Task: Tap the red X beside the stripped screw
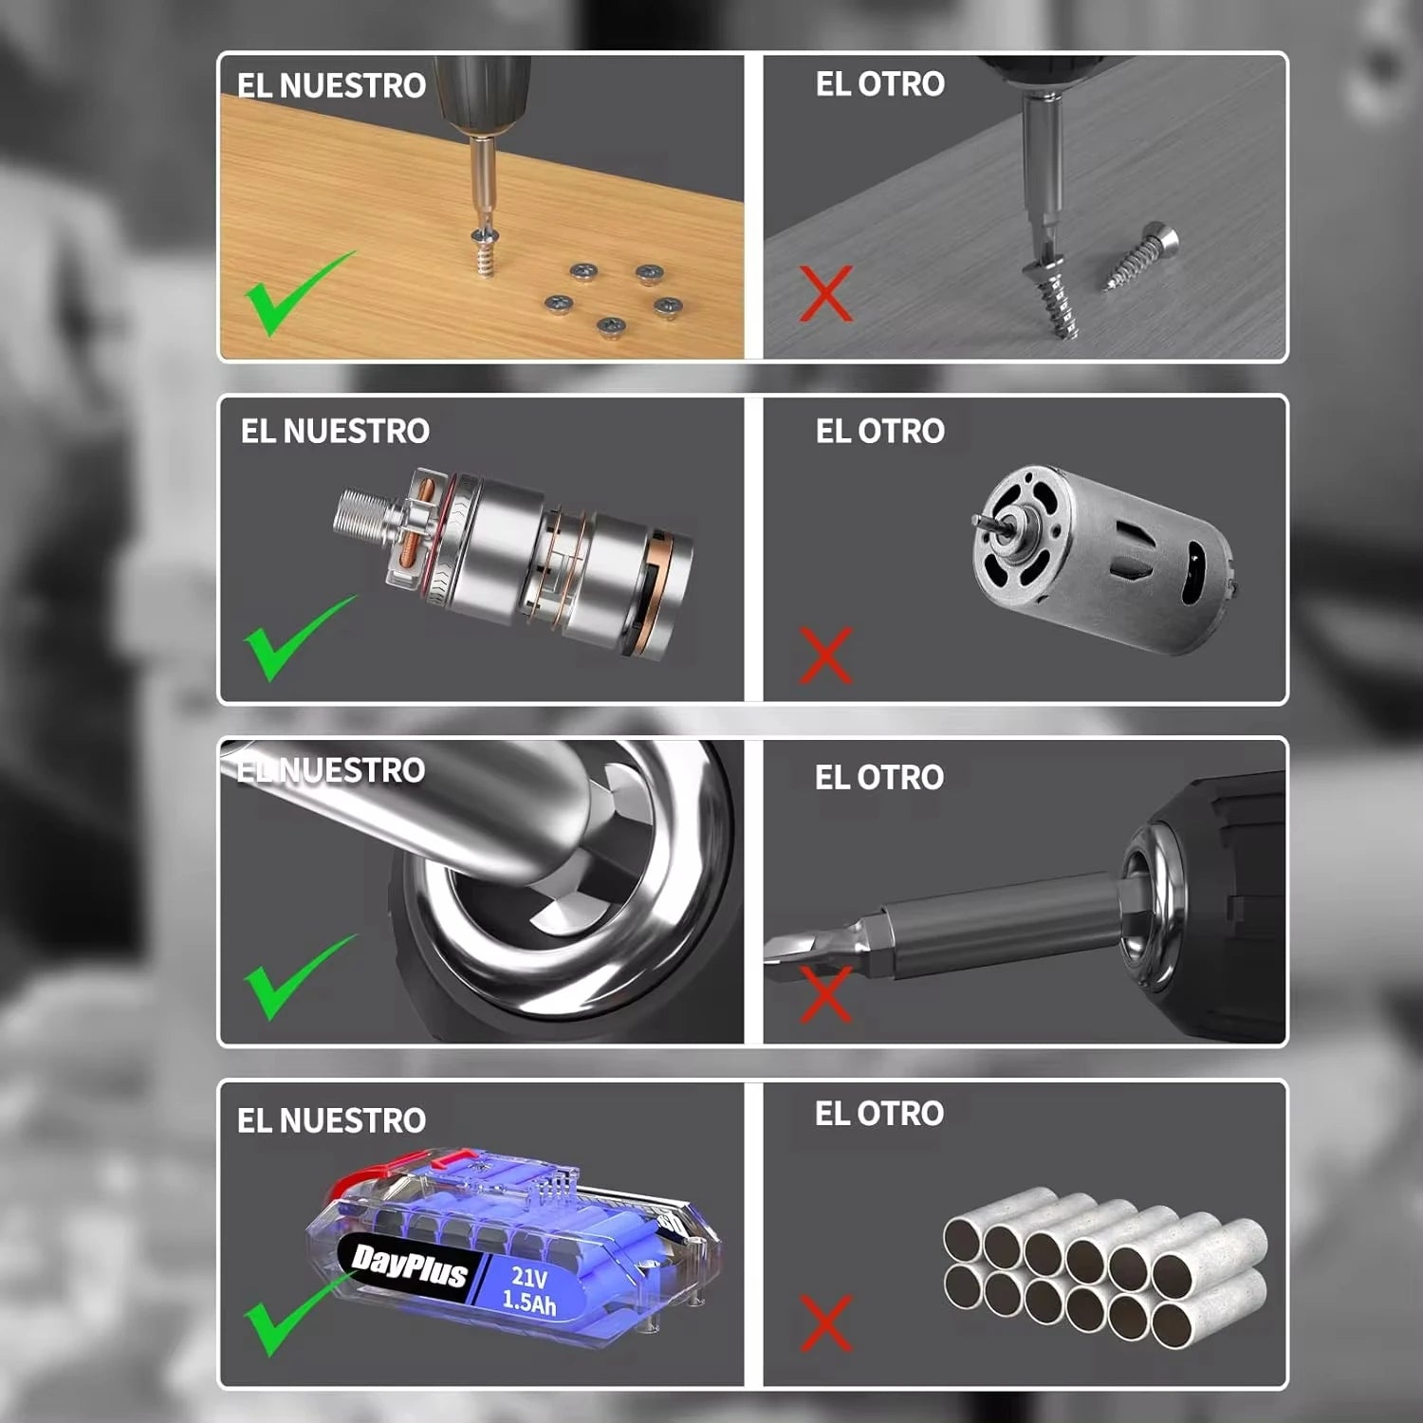pos(825,293)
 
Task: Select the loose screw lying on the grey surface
pos(1141,256)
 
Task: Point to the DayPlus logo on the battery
pos(409,1266)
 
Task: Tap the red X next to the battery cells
pos(825,1322)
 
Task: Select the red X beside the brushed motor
pos(825,655)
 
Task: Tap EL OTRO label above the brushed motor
pos(879,431)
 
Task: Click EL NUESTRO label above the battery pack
pos(331,1120)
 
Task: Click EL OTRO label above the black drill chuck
pos(878,777)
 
